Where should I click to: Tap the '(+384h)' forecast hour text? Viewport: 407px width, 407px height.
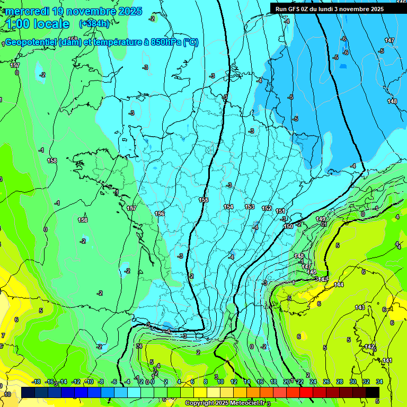tap(94, 24)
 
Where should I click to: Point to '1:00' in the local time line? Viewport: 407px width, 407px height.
tap(18, 24)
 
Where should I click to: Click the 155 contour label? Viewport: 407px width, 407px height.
tap(203, 200)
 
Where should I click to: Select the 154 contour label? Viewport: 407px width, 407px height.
tap(228, 207)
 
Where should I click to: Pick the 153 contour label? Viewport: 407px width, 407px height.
tap(250, 207)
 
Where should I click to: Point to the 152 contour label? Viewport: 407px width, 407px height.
tap(267, 209)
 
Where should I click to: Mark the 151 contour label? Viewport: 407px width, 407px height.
tap(280, 211)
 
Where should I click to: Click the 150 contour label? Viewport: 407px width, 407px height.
tap(288, 226)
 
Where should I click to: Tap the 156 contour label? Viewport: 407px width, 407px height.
tap(160, 214)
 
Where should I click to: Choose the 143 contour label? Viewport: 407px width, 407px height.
tap(360, 307)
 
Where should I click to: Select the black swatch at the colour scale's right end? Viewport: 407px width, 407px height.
tap(373, 392)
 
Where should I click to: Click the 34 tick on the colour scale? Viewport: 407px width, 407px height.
tap(379, 382)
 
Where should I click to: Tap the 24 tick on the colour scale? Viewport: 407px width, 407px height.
tap(313, 382)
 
